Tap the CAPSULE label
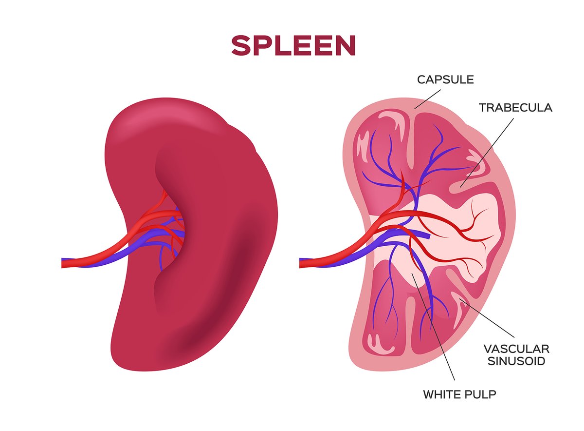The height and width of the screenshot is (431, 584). pos(445,79)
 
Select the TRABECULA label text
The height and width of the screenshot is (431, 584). pos(515,107)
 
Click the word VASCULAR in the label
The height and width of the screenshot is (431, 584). pos(516,349)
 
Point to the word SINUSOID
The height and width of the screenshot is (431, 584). pos(516,361)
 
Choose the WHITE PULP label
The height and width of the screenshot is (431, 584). pos(460,394)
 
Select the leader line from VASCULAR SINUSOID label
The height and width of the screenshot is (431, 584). pos(489,319)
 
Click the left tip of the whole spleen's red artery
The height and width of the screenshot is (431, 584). pos(64,263)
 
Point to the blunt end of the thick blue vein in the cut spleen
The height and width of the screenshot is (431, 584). pos(428,235)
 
